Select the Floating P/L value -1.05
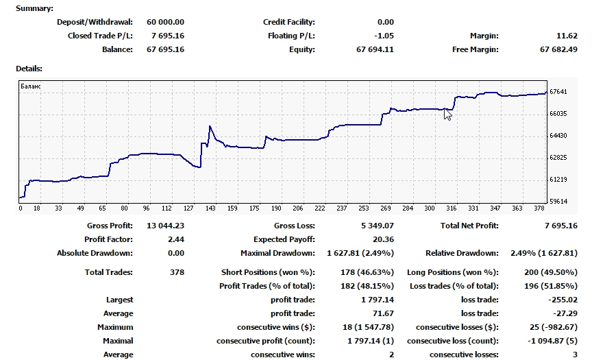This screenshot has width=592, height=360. tap(383, 36)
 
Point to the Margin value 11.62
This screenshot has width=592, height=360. tap(567, 36)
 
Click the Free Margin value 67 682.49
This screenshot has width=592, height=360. tap(558, 49)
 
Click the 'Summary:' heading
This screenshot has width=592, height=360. tap(34, 8)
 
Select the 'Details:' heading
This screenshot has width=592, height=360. tap(29, 69)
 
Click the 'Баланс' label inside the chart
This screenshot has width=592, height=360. tap(31, 86)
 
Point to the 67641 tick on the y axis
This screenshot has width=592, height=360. tap(560, 91)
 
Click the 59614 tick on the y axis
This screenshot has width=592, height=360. tap(560, 201)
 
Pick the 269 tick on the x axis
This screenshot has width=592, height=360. tap(385, 208)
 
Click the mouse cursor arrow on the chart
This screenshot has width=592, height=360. tap(447, 114)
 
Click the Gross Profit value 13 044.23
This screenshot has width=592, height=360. tap(166, 226)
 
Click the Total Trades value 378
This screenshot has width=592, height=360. tap(177, 272)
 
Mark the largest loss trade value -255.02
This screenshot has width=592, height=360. tap(564, 300)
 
